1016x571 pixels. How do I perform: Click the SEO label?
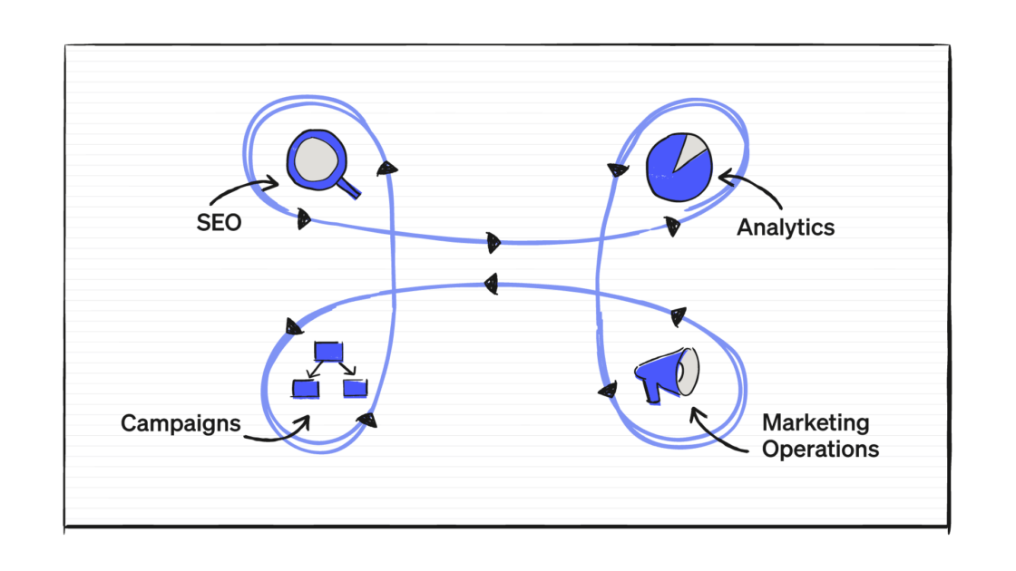click(x=219, y=223)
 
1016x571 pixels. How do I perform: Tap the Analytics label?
click(x=786, y=227)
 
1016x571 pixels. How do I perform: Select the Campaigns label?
click(x=181, y=423)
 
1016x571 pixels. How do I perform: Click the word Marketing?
click(x=816, y=422)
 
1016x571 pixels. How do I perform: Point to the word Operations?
click(x=820, y=450)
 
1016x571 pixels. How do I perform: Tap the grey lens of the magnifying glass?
click(x=317, y=160)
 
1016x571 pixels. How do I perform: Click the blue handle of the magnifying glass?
click(x=348, y=187)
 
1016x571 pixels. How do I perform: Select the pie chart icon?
click(x=679, y=167)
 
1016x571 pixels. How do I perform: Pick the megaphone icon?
click(x=667, y=375)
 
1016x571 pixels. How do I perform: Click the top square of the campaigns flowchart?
click(x=328, y=351)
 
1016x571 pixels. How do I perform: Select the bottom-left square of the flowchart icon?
click(x=305, y=389)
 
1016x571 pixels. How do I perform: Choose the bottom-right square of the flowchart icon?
click(x=355, y=388)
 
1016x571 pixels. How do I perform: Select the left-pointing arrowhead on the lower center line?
click(x=492, y=284)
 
